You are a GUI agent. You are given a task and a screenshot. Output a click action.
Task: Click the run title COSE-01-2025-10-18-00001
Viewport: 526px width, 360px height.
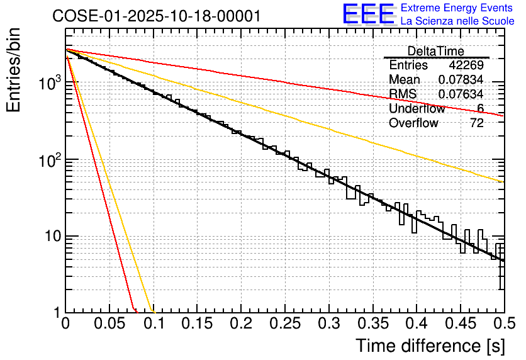(157, 16)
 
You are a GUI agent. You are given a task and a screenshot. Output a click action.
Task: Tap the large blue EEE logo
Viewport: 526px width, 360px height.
(368, 14)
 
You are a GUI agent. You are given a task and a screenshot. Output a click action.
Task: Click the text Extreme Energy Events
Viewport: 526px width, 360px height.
(457, 8)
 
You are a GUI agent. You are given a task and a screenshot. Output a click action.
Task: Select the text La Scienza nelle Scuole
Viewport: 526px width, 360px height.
(457, 21)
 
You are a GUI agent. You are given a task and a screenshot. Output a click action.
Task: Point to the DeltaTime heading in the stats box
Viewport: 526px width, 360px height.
(436, 51)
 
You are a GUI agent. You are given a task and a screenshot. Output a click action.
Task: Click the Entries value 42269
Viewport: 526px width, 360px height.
(466, 65)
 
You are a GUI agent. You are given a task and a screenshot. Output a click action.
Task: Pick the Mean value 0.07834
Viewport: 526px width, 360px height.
(461, 80)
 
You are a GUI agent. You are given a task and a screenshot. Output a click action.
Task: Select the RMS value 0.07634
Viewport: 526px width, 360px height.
(461, 94)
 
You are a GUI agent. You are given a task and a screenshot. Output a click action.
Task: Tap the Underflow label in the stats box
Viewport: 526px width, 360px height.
(417, 109)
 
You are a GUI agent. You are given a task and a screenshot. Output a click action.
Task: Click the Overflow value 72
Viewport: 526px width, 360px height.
(476, 123)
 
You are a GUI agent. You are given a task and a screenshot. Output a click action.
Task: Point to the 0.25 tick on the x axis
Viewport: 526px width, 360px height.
(284, 324)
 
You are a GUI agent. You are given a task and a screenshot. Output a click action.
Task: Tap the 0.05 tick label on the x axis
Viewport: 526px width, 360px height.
(109, 324)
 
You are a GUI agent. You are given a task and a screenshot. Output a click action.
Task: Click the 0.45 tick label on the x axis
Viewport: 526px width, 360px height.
(459, 324)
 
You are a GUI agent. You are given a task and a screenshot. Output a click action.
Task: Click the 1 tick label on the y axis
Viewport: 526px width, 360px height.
(57, 313)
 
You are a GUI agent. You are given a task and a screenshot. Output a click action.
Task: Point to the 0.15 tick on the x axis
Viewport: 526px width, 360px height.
(197, 324)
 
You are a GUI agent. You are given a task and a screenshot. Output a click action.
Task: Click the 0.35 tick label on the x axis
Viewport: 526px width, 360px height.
(372, 324)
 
